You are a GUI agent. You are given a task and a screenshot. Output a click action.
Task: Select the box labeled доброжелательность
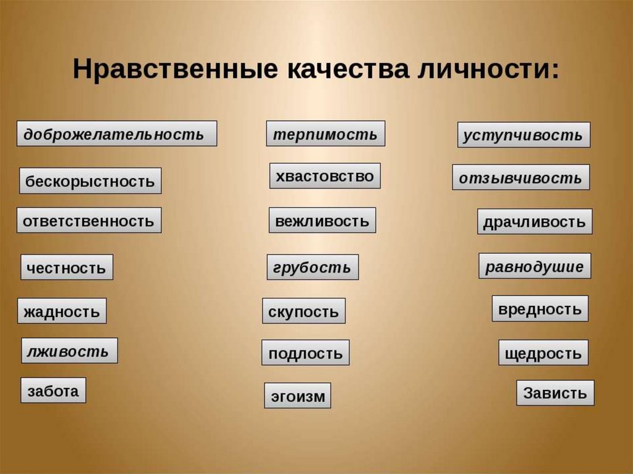point(116,133)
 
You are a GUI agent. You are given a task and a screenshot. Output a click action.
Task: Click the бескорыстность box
point(90,181)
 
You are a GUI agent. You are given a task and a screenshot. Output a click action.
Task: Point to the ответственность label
point(89,220)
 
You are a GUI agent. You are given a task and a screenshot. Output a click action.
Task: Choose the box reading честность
point(67,268)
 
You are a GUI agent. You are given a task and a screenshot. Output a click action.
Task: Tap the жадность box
point(62,311)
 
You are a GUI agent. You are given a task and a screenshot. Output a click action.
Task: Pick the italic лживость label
point(69,351)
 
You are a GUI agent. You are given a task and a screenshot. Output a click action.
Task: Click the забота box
point(53,391)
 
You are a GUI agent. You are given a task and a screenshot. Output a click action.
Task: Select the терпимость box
point(325,133)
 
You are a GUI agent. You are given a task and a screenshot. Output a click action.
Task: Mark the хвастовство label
point(325,176)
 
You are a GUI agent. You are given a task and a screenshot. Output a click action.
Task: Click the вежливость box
point(322,220)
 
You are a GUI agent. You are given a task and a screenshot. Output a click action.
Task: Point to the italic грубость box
point(312,267)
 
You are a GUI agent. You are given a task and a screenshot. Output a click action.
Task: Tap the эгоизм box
point(297,396)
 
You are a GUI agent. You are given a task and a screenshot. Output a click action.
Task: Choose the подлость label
point(305,353)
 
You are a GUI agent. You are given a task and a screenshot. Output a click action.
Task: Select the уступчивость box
point(524,135)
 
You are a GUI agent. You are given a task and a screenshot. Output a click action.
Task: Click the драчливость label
point(535,221)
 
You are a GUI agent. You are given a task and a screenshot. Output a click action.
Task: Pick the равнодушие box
point(535,266)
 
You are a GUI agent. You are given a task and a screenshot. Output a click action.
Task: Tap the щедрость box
point(543,353)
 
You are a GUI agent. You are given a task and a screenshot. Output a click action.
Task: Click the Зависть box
point(555,393)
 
